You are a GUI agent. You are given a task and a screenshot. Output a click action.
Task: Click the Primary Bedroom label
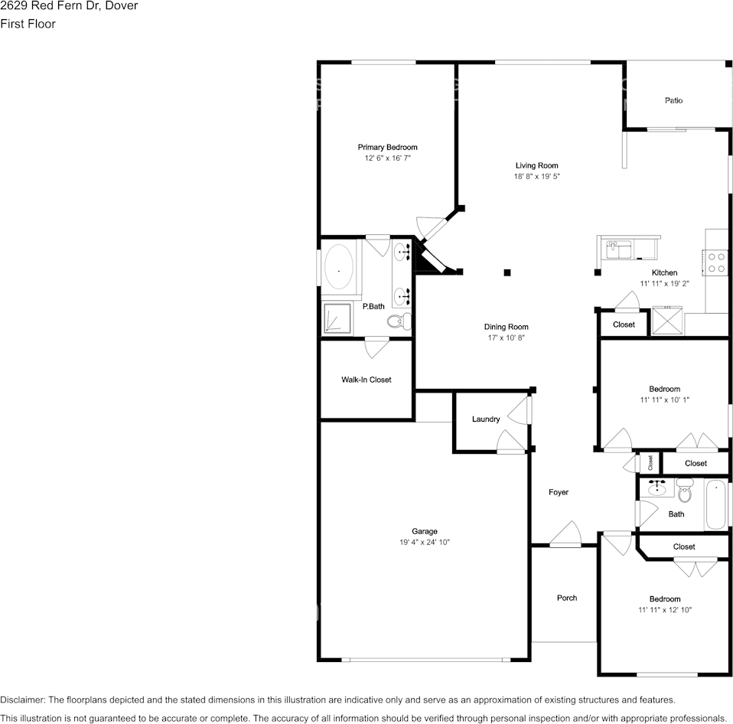point(387,147)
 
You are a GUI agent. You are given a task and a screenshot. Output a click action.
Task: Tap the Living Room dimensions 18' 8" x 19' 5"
point(536,177)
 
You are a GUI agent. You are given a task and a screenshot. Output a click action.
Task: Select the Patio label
point(673,100)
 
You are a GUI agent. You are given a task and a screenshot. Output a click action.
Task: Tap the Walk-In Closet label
point(366,380)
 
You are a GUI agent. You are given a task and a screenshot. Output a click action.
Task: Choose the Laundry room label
point(486,419)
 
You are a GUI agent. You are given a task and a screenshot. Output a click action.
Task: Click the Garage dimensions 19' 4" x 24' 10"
point(425,543)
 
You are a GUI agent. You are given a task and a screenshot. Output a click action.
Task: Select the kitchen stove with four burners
point(717,263)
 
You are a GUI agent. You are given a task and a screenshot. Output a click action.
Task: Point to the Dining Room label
point(507,327)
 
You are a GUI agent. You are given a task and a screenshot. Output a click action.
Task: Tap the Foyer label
point(559,492)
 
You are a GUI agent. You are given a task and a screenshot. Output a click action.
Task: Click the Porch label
point(567,598)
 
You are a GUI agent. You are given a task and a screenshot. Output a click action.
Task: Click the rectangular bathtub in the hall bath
point(718,505)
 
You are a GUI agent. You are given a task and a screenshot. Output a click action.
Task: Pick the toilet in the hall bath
point(684,491)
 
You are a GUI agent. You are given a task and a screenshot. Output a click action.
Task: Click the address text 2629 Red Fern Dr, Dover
point(69,6)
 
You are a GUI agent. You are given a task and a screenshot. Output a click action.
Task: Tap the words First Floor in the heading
point(28,24)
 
